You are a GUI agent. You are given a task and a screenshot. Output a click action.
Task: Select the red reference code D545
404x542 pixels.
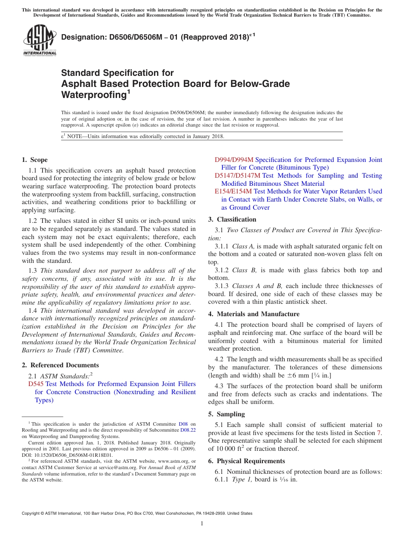(36, 384)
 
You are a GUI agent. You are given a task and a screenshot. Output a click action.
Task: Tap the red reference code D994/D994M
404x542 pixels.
(234, 160)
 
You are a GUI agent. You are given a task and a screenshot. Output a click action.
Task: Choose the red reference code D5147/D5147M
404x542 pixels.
(237, 176)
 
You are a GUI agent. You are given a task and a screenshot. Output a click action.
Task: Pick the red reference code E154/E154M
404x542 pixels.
(233, 191)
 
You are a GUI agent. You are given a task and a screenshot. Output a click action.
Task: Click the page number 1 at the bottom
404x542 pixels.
(202, 524)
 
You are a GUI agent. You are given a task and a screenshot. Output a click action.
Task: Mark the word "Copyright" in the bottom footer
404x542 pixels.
(32, 513)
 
